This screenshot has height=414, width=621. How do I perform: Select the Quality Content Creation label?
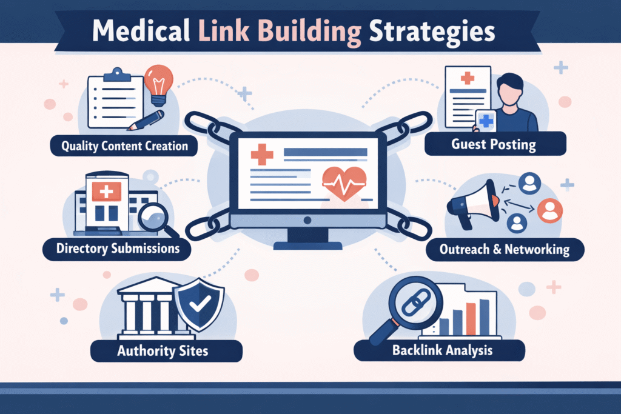point(124,146)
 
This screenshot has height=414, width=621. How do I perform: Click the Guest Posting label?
point(495,144)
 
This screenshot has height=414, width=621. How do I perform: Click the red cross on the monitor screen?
point(262,155)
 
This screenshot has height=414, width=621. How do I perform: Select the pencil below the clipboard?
point(147,120)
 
